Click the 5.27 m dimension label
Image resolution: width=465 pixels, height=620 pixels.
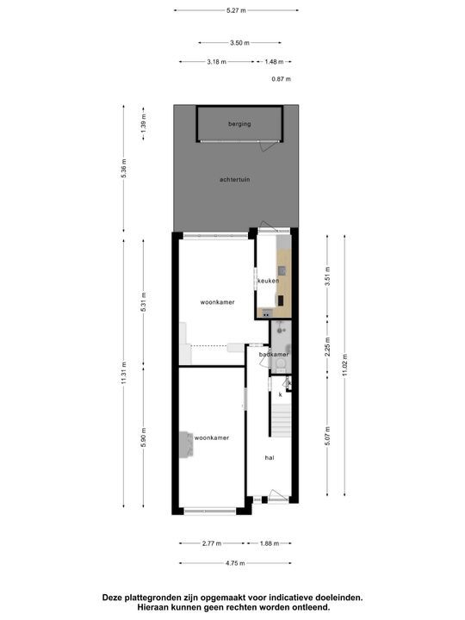click(x=236, y=9)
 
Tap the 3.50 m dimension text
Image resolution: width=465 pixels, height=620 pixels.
click(x=240, y=42)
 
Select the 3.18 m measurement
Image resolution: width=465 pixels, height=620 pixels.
click(x=218, y=61)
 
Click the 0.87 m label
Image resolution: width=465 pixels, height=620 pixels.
click(x=281, y=78)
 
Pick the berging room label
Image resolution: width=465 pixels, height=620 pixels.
click(x=239, y=124)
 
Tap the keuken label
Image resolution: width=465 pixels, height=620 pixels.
click(x=268, y=282)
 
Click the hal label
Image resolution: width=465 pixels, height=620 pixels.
click(x=269, y=458)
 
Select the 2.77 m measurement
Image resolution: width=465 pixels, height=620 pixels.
click(x=211, y=543)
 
